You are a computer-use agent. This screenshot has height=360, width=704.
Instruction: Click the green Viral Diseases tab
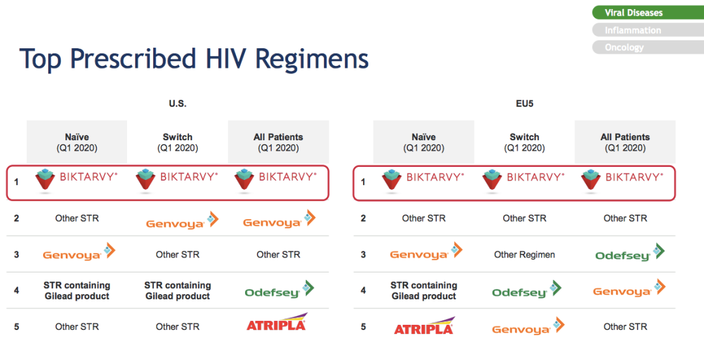coord(648,12)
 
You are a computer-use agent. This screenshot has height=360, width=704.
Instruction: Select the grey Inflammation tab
coord(648,30)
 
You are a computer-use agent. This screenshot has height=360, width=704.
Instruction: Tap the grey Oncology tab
coord(648,47)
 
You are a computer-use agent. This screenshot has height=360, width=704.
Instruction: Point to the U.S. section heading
coord(177,104)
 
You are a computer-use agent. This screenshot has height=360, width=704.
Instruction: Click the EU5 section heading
coord(524,104)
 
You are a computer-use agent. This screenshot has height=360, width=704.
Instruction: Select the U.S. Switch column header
coord(177,142)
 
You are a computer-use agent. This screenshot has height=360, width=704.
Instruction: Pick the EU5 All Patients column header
coord(625,142)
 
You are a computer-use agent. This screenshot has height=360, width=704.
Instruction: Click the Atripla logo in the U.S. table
coord(277,322)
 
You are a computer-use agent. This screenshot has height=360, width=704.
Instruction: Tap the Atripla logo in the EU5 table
coord(424,326)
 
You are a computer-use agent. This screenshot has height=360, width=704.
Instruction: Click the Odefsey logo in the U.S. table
coord(279,290)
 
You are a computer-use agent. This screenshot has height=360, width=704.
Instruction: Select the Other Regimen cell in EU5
coord(524,255)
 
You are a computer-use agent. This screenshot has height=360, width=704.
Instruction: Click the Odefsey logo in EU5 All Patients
coord(630,253)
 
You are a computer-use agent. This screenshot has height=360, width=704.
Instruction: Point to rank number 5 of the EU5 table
coord(363,327)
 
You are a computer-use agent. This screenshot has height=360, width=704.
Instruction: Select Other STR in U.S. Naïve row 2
coord(77,218)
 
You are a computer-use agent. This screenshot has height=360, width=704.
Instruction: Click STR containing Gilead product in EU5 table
coord(424,291)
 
